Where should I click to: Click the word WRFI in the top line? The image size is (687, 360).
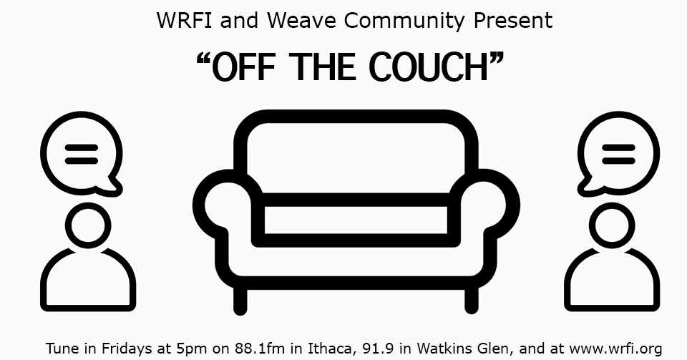pyautogui.click(x=185, y=20)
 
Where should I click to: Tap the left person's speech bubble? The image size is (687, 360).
pyautogui.click(x=82, y=153)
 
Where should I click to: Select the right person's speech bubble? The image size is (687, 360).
pyautogui.click(x=618, y=153)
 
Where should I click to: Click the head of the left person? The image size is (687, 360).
pyautogui.click(x=88, y=226)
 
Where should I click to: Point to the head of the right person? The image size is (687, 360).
pyautogui.click(x=612, y=226)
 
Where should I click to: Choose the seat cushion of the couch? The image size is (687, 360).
pyautogui.click(x=356, y=220)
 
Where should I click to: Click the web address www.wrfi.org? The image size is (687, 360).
pyautogui.click(x=615, y=349)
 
